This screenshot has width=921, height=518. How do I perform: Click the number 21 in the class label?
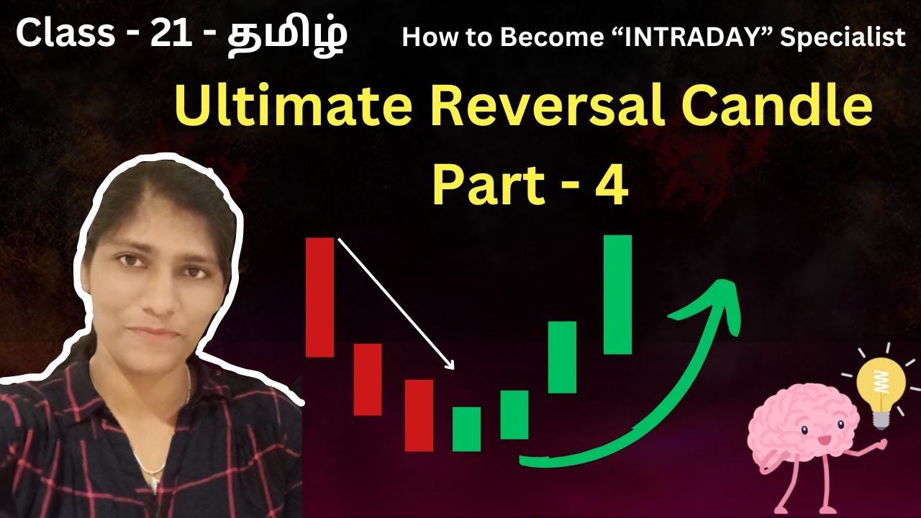tap(169, 34)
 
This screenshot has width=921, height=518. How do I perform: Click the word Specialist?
tap(843, 38)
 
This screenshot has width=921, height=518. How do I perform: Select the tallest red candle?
tap(319, 296)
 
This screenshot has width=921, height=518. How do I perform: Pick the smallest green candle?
tap(466, 429)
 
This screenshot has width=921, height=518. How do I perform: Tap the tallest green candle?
tap(617, 294)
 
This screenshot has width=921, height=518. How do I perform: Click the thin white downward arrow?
tap(396, 303)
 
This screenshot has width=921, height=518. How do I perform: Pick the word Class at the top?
tap(65, 34)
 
